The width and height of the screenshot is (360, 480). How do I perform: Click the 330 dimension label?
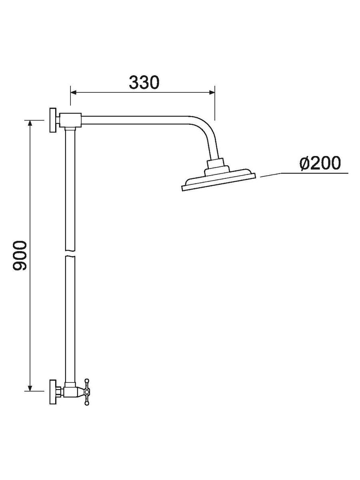pos(144,82)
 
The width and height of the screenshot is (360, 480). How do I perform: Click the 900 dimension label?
pos(20,256)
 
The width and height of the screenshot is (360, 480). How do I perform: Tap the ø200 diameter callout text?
pos(320,163)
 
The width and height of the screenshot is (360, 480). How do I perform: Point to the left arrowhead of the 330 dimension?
pos(74,92)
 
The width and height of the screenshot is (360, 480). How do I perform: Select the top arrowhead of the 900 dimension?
pos(30,123)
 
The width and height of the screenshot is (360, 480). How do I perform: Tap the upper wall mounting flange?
pos(53,120)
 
